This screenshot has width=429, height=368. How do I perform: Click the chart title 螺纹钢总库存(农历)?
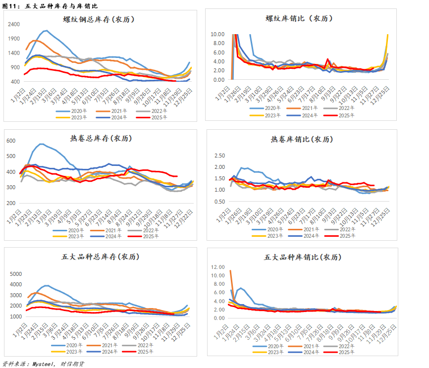click(x=99, y=20)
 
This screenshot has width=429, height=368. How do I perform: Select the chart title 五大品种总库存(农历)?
click(x=100, y=257)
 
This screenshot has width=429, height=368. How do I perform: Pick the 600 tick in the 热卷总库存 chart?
click(x=11, y=141)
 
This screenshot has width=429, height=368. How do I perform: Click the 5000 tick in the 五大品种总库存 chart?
click(x=16, y=274)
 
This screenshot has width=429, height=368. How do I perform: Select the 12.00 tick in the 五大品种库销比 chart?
click(x=217, y=267)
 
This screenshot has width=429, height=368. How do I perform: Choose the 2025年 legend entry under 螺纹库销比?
click(x=339, y=115)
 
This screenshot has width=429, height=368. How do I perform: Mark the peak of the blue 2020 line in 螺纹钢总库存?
click(x=46, y=31)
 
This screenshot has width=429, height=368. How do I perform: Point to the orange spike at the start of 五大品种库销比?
click(x=230, y=270)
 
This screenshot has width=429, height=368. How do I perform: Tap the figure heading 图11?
click(x=10, y=5)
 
